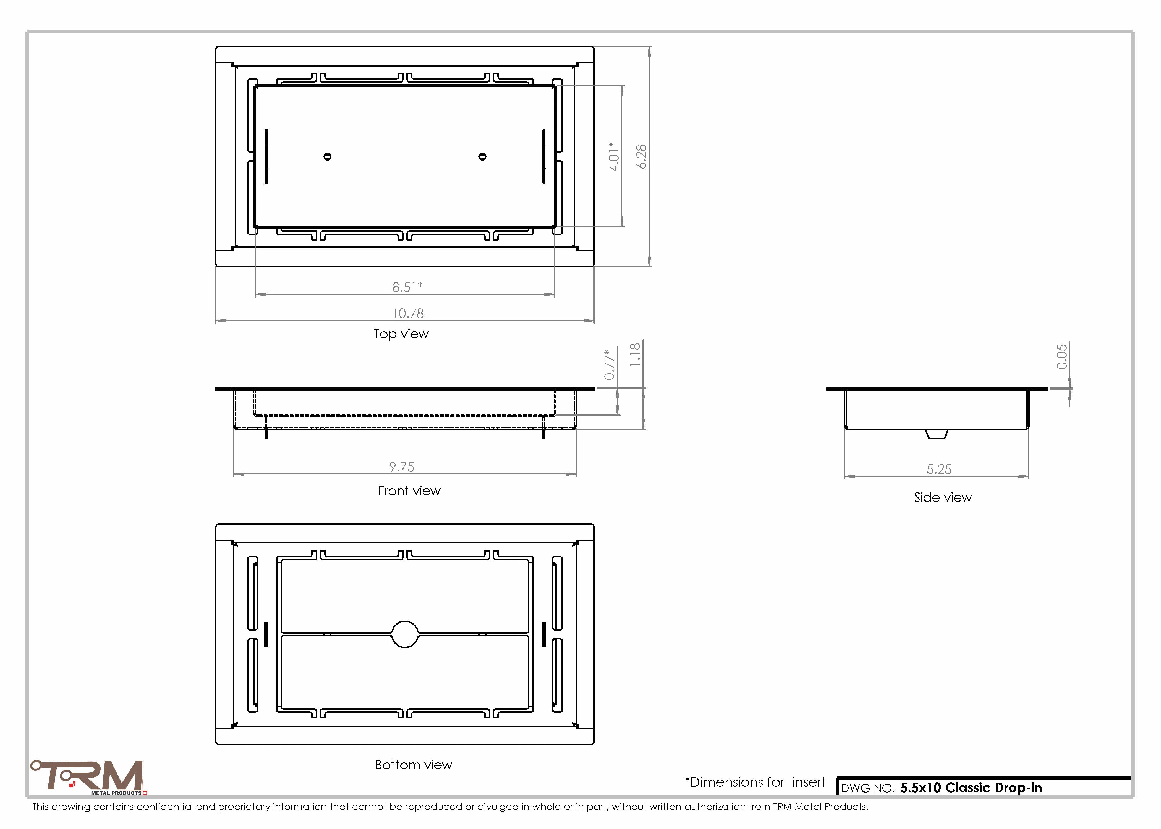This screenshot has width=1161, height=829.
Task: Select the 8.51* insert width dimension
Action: click(407, 287)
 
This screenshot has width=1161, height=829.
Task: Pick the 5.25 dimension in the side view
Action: click(939, 469)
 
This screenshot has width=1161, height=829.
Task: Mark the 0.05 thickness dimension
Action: click(1062, 356)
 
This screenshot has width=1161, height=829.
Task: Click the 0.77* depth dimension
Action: click(609, 364)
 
